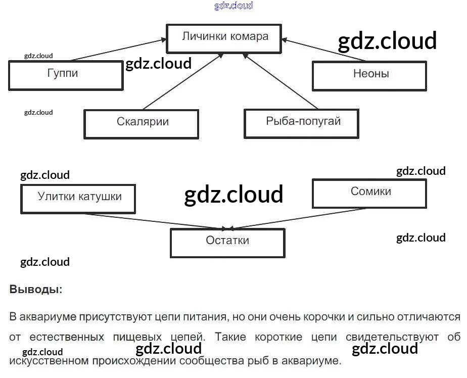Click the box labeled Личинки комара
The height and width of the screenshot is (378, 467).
[x=224, y=37]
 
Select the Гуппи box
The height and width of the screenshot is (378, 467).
[x=66, y=75]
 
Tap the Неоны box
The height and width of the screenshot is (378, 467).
[x=369, y=75]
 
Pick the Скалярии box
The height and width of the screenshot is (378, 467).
[x=141, y=123]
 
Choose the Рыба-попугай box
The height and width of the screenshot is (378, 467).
[x=301, y=123]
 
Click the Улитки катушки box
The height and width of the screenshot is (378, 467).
[x=78, y=198]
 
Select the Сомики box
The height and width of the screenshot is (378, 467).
[x=369, y=193]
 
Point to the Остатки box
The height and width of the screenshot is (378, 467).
[x=227, y=242]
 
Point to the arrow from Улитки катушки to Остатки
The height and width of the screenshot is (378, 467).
[x=177, y=221]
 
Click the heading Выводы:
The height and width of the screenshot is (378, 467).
[x=36, y=290]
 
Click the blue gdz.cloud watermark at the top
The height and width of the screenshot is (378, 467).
[x=233, y=6]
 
